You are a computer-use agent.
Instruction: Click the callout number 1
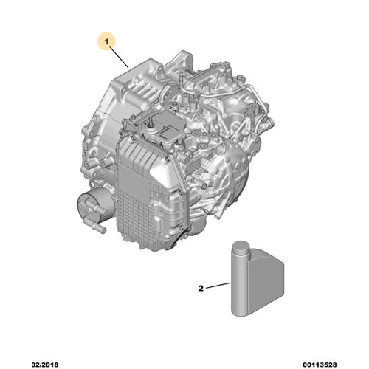coord(106,42)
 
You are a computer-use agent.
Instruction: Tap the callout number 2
coord(201,288)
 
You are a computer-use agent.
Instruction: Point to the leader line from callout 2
coord(218,286)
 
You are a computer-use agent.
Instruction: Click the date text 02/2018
coord(45,365)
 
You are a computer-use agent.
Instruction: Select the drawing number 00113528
coord(320,365)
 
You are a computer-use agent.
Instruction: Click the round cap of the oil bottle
coord(241,247)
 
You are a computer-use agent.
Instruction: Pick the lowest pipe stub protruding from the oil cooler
coord(99,227)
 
